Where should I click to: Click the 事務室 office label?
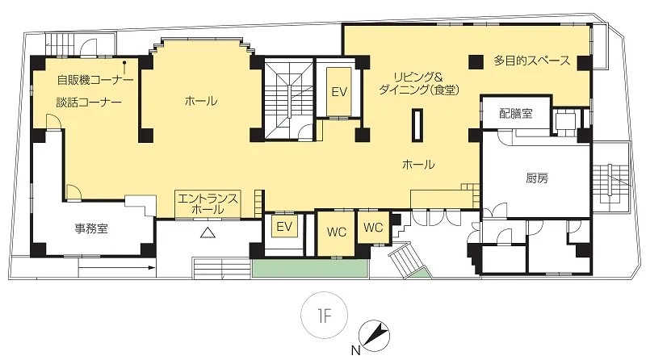(x=91, y=228)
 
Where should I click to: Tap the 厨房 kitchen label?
(x=537, y=178)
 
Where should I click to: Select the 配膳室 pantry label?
(x=516, y=113)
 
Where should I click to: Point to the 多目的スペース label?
(x=532, y=61)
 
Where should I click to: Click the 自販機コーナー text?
(x=95, y=79)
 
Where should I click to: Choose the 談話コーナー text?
(x=89, y=103)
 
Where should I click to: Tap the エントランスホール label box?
(x=208, y=204)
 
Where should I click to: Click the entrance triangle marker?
(x=208, y=233)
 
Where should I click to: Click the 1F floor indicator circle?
(x=325, y=316)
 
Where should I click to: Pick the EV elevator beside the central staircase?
(x=339, y=92)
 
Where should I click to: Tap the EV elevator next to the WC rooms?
(x=284, y=226)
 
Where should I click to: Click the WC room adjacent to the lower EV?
(x=336, y=232)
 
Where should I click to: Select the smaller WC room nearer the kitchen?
(x=373, y=227)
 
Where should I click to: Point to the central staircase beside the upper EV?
(x=289, y=99)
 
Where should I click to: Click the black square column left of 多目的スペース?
(x=476, y=62)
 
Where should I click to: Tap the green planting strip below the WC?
(x=310, y=268)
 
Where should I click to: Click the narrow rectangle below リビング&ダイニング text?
(x=417, y=125)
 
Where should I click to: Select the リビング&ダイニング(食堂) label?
(x=418, y=84)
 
